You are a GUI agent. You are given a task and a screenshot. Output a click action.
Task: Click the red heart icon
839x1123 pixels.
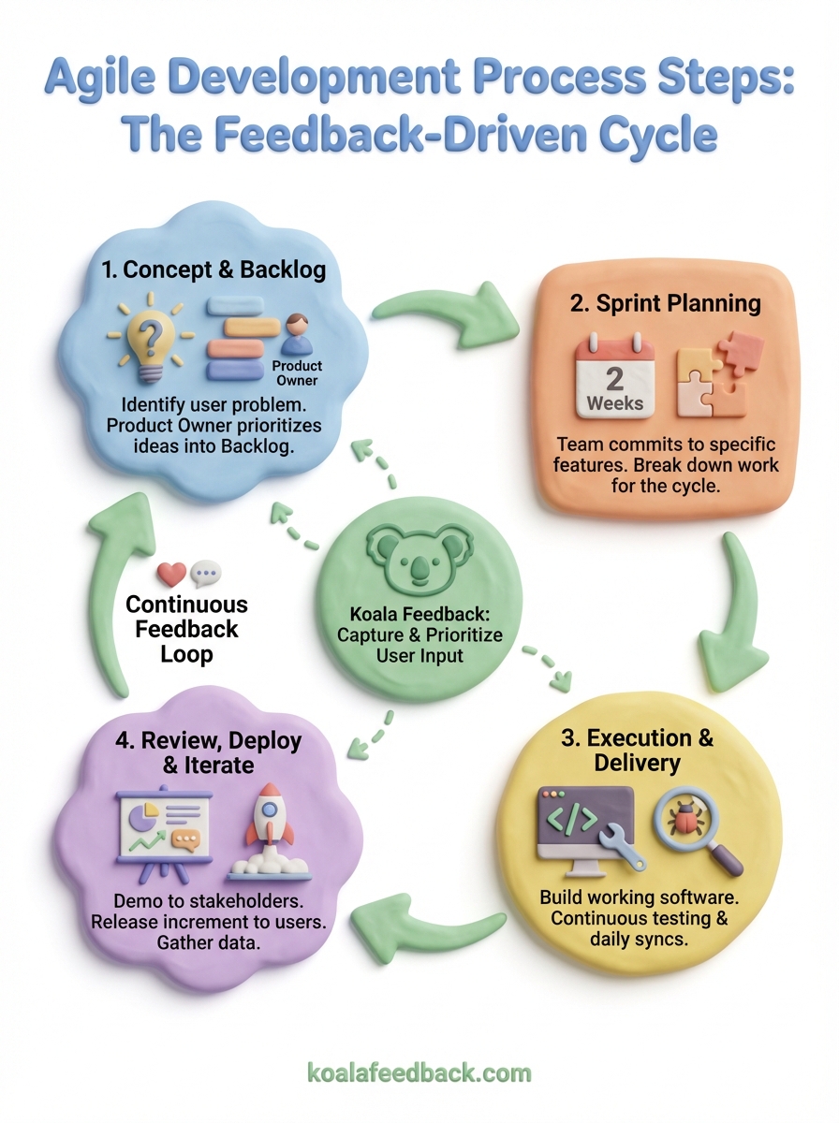(171, 574)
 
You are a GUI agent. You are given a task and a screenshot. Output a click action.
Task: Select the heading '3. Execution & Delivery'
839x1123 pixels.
(637, 750)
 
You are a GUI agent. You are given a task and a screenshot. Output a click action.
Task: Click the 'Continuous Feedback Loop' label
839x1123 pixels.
(187, 628)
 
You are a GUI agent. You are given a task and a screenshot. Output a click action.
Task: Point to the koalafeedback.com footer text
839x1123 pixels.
(419, 1072)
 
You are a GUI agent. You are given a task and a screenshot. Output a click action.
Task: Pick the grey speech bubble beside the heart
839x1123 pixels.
(205, 574)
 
